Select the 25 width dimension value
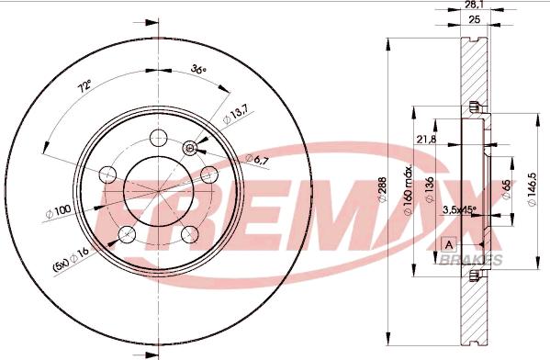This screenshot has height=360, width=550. [x=474, y=19]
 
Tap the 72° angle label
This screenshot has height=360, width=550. [x=84, y=85]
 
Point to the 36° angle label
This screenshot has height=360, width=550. [x=198, y=69]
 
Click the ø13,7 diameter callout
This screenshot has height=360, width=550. [x=235, y=115]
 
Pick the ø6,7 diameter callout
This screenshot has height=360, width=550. [x=257, y=160]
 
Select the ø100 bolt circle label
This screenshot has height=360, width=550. [x=58, y=211]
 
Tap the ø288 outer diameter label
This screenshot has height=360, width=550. [x=382, y=189]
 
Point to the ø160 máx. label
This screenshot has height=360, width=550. [x=408, y=190]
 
